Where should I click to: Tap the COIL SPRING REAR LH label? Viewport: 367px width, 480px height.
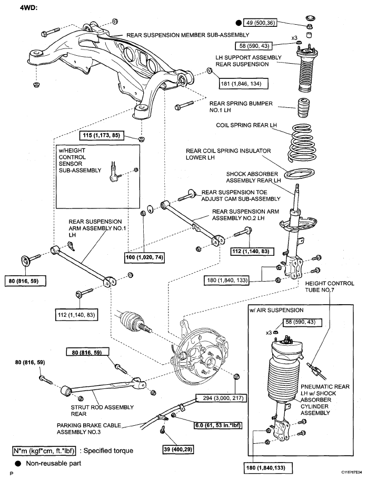tap(246, 126)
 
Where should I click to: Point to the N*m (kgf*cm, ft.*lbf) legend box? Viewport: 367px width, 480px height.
tap(45, 451)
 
